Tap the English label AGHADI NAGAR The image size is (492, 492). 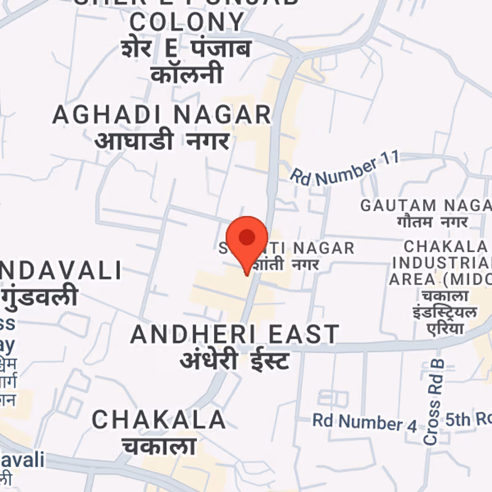tap(161, 114)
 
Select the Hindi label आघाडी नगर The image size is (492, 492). tap(162, 140)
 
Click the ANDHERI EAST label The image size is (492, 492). tap(235, 335)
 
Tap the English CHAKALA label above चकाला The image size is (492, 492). tap(159, 420)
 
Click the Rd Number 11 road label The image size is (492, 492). tap(344, 167)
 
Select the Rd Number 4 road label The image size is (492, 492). tap(365, 422)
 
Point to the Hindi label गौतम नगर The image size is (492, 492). tap(432, 221)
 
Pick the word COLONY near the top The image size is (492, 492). tap(188, 23)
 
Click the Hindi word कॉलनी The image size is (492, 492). tap(187, 74)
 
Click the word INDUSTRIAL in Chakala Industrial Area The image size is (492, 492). tap(440, 263)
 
